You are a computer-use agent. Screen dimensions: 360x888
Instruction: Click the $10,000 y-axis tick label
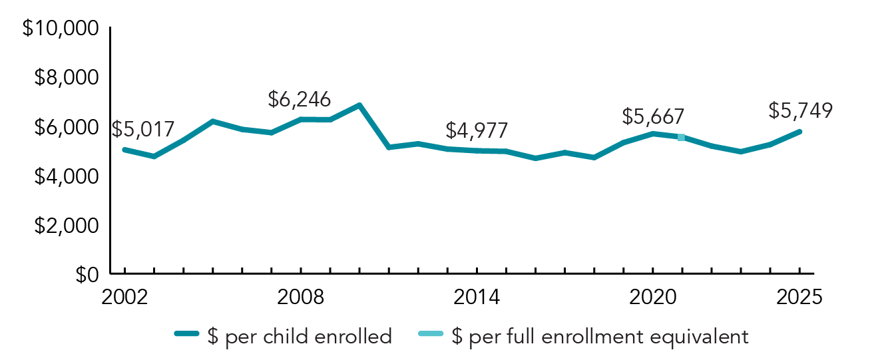click(x=61, y=30)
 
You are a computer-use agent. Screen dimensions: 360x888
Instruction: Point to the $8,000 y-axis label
click(x=66, y=79)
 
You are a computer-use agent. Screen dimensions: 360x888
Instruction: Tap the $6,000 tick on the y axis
click(x=66, y=128)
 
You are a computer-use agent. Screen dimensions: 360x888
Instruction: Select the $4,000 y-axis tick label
click(x=66, y=177)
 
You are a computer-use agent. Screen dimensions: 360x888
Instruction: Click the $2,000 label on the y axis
click(x=66, y=226)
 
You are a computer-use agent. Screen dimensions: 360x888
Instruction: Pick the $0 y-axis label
click(x=84, y=275)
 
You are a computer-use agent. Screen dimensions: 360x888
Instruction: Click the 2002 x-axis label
click(x=124, y=297)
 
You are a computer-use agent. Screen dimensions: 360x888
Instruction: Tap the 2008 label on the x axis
click(x=300, y=297)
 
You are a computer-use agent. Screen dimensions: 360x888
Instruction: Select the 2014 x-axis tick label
click(x=477, y=297)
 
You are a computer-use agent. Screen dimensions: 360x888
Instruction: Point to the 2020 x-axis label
click(x=652, y=297)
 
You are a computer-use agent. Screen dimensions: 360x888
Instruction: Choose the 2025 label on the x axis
click(x=799, y=297)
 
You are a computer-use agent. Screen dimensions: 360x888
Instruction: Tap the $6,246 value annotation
click(x=299, y=100)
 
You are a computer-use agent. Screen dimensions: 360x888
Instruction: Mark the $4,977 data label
click(x=477, y=130)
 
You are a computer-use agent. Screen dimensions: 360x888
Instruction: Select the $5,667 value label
click(x=653, y=116)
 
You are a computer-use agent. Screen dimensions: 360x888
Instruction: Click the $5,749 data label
click(x=800, y=110)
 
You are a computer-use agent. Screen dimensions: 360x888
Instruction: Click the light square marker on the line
click(x=681, y=138)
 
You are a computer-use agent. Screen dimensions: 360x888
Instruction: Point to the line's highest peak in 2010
click(x=359, y=105)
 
